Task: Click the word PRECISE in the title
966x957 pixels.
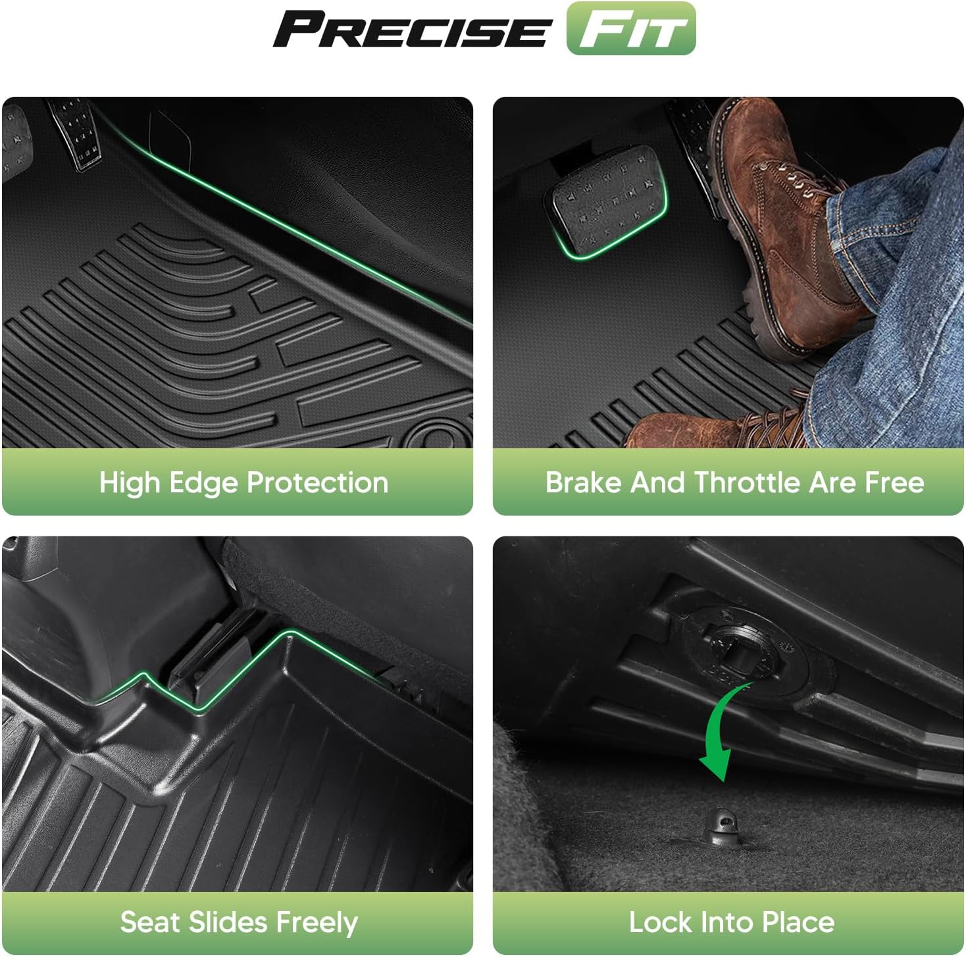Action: pos(409,30)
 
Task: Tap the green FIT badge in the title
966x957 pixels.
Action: pos(630,29)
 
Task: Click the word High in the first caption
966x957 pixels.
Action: pos(129,482)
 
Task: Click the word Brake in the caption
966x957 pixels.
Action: pos(583,482)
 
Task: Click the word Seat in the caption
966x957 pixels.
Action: pos(149,922)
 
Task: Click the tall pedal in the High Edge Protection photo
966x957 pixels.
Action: pos(78,135)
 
